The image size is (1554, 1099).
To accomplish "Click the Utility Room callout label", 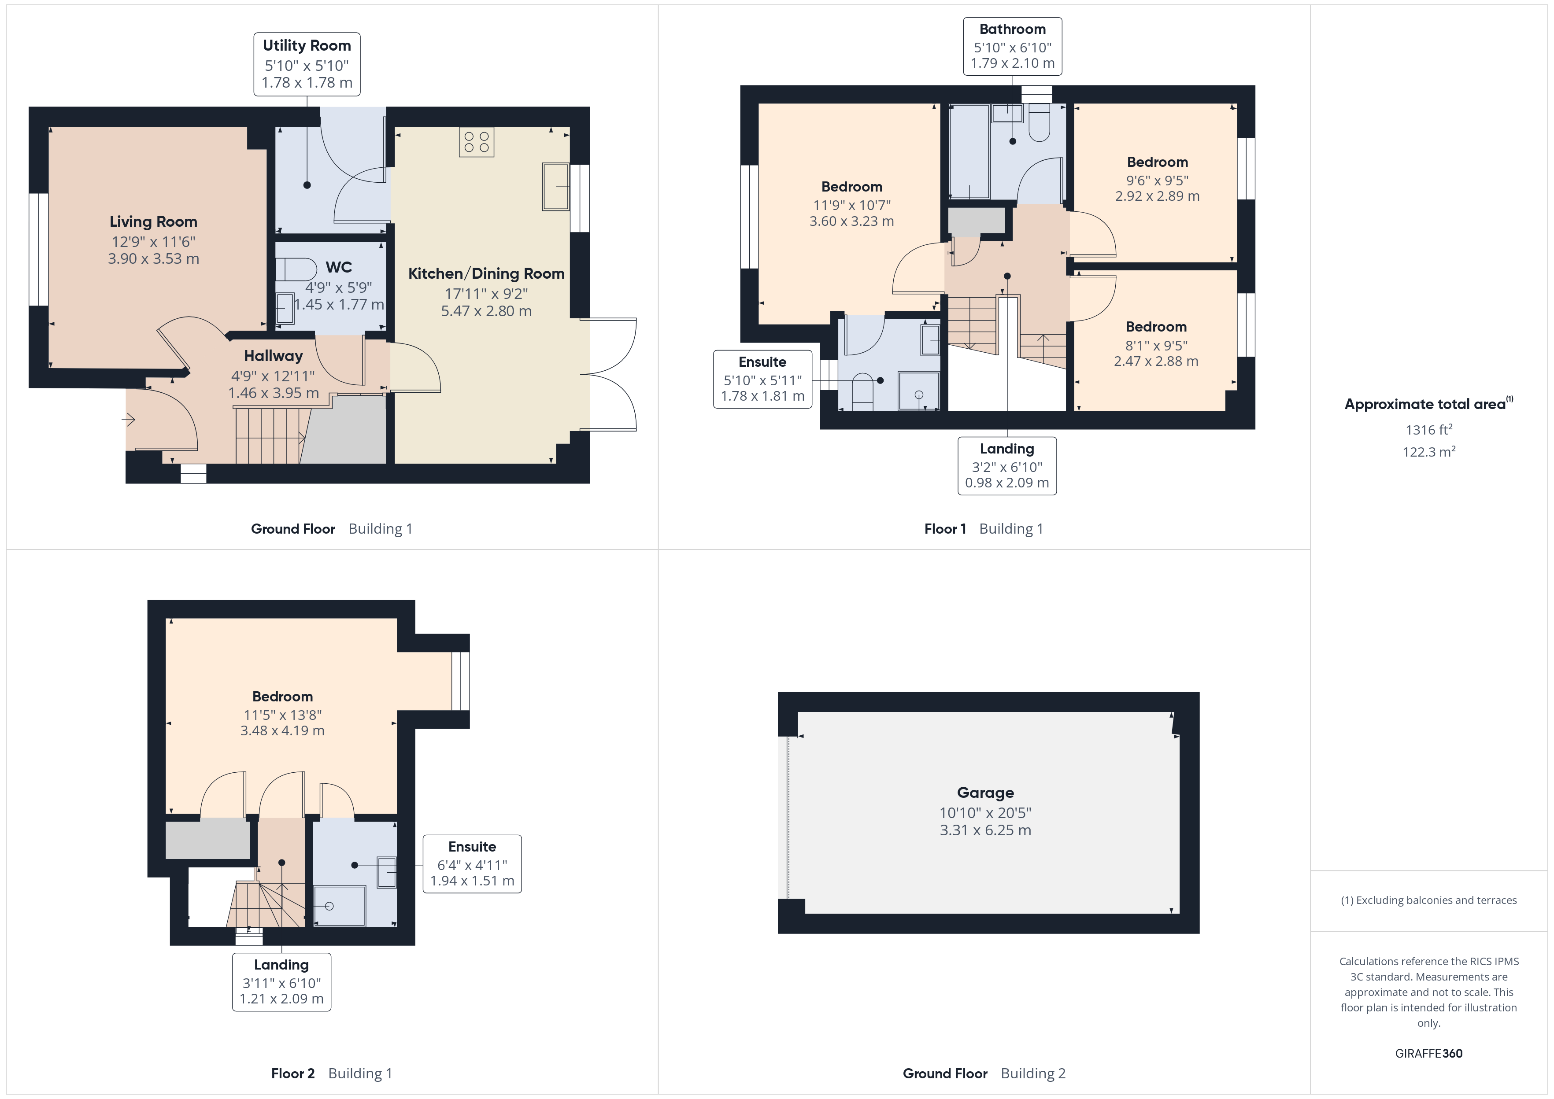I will [x=307, y=64].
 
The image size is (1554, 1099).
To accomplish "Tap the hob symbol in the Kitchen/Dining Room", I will [x=477, y=142].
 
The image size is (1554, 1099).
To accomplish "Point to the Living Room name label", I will [x=154, y=221].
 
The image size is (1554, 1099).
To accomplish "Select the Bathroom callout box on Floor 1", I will [x=1013, y=46].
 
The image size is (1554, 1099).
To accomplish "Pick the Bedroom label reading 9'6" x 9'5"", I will [x=1158, y=179].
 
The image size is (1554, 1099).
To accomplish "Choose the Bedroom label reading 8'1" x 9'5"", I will [x=1156, y=344].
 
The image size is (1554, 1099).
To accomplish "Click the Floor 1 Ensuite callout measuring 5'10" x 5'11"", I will [x=762, y=379].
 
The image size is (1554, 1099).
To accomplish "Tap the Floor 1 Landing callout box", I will [x=1007, y=465].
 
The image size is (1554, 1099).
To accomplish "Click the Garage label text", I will [x=985, y=793].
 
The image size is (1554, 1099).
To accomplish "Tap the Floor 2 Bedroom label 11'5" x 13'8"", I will [x=282, y=713].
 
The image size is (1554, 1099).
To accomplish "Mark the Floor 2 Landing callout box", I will [x=281, y=982].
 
